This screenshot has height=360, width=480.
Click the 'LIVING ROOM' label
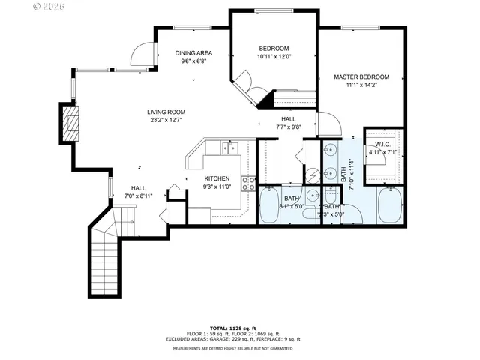click(165, 111)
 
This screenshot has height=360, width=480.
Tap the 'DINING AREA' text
click(193, 52)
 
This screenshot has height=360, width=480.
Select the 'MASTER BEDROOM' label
click(361, 77)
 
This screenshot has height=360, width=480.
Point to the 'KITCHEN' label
click(217, 178)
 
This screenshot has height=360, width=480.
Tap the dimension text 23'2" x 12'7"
click(165, 120)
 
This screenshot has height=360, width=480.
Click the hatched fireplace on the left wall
click(70, 123)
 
